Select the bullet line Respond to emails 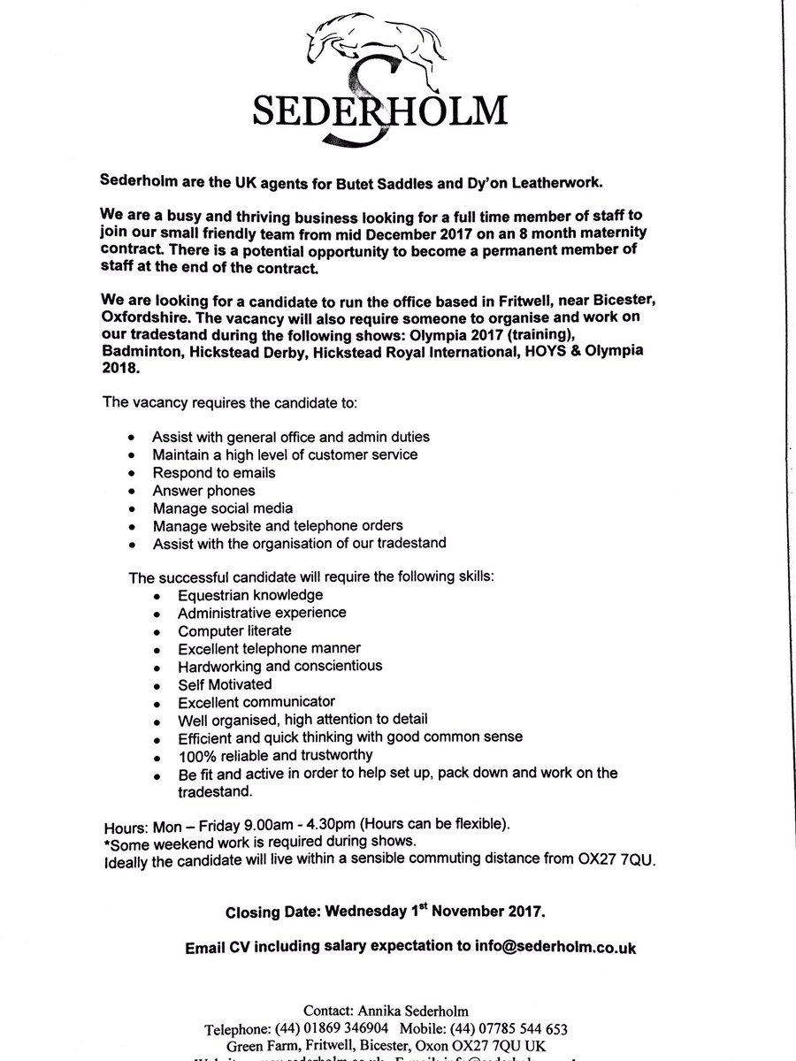point(213,472)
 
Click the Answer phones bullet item point(203,491)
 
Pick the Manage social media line point(222,508)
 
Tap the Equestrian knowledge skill point(250,595)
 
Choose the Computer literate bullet point(234,630)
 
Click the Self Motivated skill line point(225,683)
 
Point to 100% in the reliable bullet point(195,754)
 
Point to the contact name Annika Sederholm point(432,1010)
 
